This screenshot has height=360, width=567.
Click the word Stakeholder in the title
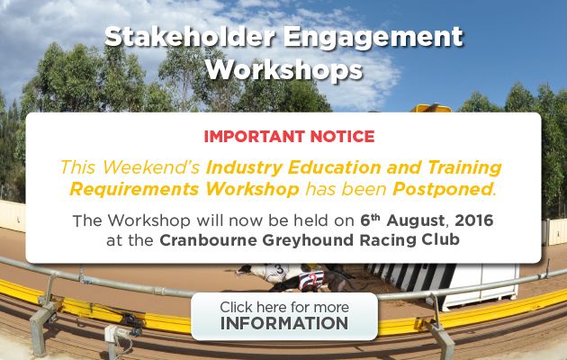[x=190, y=37]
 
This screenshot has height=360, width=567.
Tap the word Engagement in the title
[x=373, y=38]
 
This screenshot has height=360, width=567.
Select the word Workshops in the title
[x=283, y=70]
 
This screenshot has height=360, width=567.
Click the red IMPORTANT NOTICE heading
[x=289, y=136]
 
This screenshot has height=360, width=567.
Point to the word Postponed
[x=443, y=189]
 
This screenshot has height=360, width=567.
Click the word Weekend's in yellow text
[x=151, y=167]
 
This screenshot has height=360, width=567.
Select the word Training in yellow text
[x=464, y=168]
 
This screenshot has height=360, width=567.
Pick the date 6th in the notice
[x=370, y=220]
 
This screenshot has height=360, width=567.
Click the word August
[x=416, y=220]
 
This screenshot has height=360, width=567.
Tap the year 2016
[x=474, y=220]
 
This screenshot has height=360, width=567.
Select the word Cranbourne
[x=208, y=240]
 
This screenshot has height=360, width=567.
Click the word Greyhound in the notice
[x=308, y=240]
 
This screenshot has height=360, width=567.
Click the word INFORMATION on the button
[x=284, y=323]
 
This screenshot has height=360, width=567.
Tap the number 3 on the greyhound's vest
[x=279, y=269]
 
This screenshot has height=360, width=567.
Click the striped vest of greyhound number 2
[x=311, y=281]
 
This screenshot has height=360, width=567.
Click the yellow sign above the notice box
[x=430, y=108]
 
